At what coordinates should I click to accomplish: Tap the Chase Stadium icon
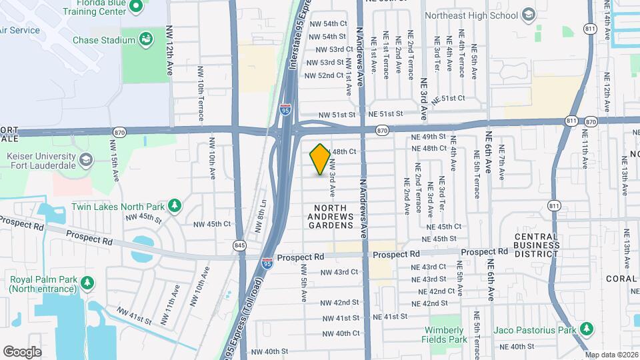(x=145, y=40)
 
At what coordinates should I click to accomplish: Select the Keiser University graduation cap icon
(x=86, y=159)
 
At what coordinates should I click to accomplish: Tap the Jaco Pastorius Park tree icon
(x=586, y=329)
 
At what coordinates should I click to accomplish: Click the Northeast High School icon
(x=528, y=15)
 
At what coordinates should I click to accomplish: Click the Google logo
(x=23, y=351)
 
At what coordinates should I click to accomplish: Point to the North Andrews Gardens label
(x=330, y=217)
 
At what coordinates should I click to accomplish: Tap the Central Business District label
(x=537, y=245)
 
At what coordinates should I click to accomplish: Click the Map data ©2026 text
(x=611, y=354)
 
